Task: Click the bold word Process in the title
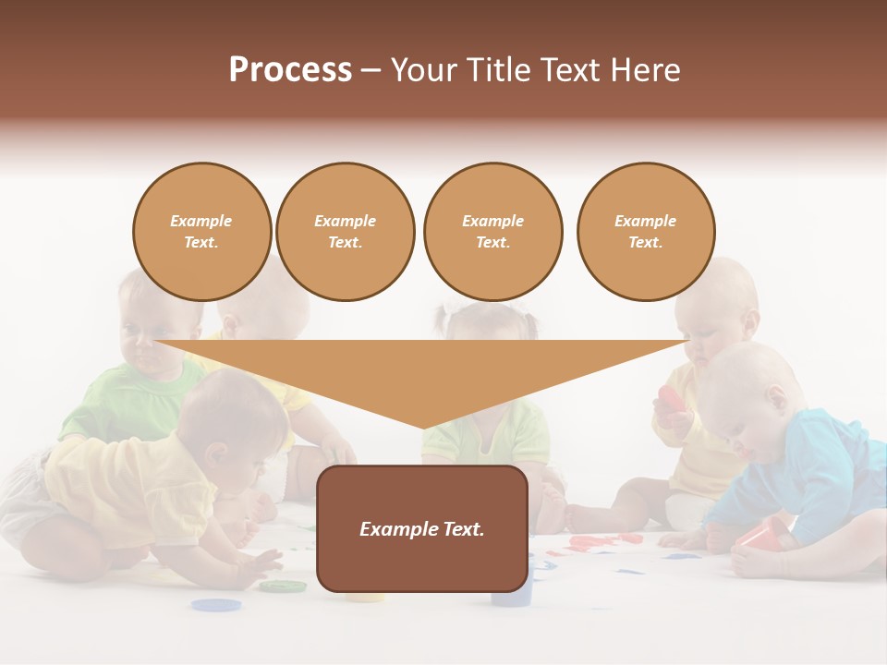[x=290, y=70]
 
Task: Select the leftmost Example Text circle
[x=201, y=232]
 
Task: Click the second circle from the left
[x=345, y=232]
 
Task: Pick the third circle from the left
[x=492, y=232]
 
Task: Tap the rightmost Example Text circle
[x=645, y=232]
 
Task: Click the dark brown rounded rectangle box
[x=422, y=528]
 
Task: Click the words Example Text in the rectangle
[x=422, y=529]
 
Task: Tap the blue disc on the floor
[x=216, y=605]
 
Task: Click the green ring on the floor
[x=282, y=586]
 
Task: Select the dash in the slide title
[x=371, y=70]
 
